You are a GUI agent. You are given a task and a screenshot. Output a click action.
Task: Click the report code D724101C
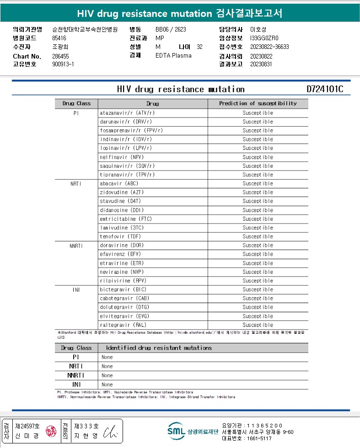pos(325,89)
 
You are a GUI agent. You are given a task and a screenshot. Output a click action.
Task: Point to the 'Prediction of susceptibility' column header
pos(258,103)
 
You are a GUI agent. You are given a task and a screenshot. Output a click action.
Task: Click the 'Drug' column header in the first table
pos(152,103)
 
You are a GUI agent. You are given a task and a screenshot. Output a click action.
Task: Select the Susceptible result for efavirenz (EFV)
pos(258,254)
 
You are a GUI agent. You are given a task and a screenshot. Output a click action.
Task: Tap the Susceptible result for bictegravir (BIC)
pos(258,289)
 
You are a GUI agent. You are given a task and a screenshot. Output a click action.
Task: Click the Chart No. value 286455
pos(61,56)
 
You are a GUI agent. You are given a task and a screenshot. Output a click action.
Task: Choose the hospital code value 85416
pos(59,38)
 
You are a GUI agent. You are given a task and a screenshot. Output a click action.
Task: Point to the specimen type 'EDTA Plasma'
pos(173,56)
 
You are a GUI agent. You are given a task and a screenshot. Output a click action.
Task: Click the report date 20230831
pos(261,64)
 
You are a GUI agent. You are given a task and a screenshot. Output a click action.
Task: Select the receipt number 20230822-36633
pos(269,47)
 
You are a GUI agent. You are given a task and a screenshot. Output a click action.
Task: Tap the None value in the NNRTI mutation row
pos(107,375)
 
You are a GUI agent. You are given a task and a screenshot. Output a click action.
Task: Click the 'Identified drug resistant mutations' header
pos(159,348)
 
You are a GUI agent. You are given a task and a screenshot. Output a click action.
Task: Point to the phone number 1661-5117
pos(258,438)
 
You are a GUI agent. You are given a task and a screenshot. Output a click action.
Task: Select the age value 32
pos(199,47)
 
